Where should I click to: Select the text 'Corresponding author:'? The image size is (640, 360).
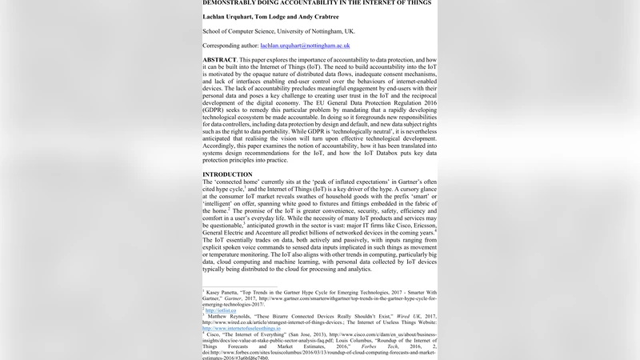[230, 46]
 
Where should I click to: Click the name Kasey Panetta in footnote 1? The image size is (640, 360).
[226, 294]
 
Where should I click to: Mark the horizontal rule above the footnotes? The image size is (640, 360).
[240, 286]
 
